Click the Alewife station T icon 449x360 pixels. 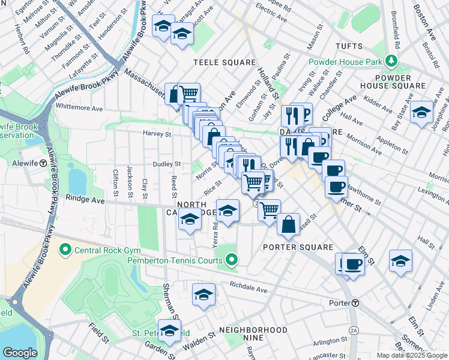pos(43,163)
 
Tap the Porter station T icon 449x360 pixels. pos(356,303)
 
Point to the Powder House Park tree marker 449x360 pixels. pos(391,61)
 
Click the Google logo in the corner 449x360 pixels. pos(20,353)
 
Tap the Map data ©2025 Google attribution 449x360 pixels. pos(412,355)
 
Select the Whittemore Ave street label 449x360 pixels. pos(79,109)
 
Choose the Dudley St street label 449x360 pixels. pos(166,164)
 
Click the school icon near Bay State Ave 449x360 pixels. pos(422,112)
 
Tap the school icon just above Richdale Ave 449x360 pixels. pos(203,295)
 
